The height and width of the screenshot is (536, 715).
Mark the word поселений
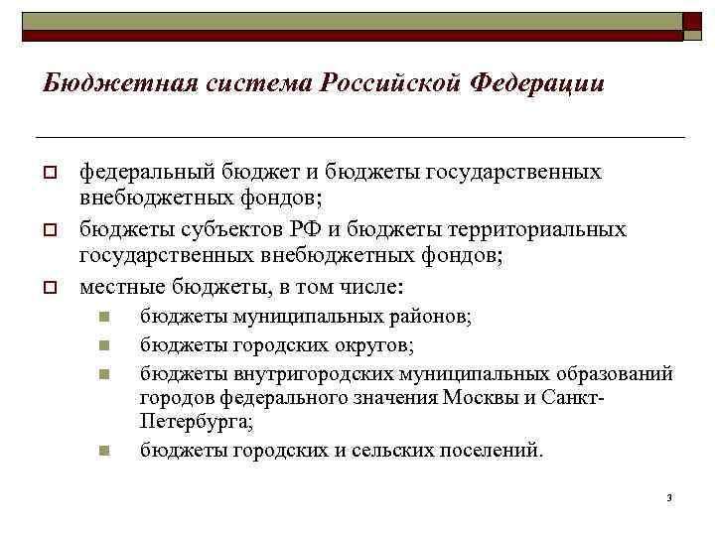coord(490,450)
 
